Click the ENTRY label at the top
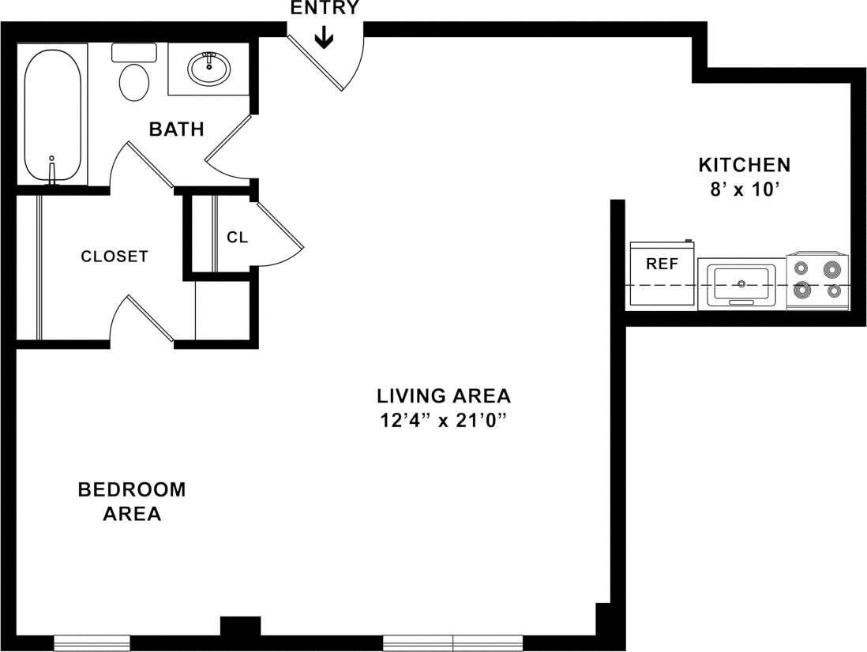coord(325,9)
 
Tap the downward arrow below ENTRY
coord(324,38)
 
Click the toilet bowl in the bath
coord(134,81)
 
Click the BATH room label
coord(177,129)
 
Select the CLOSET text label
coord(114,257)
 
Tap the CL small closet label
coord(238,237)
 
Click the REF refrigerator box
coord(662,273)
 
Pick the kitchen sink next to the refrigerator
coord(741,284)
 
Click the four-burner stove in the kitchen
coord(818,280)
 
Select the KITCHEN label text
coord(744,165)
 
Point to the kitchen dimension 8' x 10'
coord(744,190)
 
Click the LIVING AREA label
coord(443,395)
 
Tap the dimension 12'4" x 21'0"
coord(443,421)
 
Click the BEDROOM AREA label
coord(132,501)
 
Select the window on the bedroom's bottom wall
coord(92,643)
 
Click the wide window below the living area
coord(453,643)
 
